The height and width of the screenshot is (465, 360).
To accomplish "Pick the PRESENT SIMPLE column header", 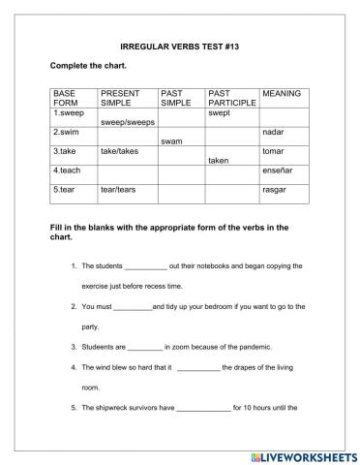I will tap(121, 98).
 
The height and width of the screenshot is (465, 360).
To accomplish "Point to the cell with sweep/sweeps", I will tap(127, 123).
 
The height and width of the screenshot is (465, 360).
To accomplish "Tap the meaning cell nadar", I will tap(273, 132).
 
